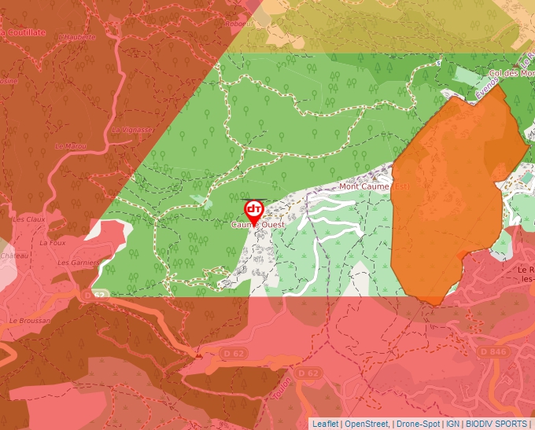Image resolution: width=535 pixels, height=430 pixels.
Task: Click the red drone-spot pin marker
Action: (253, 209)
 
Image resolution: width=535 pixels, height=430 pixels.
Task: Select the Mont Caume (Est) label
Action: (375, 187)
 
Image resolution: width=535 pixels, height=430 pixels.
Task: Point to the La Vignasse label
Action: (132, 130)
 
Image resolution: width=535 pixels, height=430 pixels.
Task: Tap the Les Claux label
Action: (29, 219)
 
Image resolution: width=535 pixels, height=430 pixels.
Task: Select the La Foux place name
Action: (52, 243)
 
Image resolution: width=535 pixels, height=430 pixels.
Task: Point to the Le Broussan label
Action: (30, 321)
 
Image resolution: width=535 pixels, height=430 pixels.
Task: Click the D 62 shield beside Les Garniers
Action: (94, 295)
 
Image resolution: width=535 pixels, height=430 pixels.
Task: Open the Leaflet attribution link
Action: (325, 424)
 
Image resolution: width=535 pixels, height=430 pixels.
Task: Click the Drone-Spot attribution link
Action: (418, 424)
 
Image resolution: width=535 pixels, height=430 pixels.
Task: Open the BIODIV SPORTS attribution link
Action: (496, 424)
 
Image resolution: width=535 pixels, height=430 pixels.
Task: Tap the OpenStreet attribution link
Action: (367, 424)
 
